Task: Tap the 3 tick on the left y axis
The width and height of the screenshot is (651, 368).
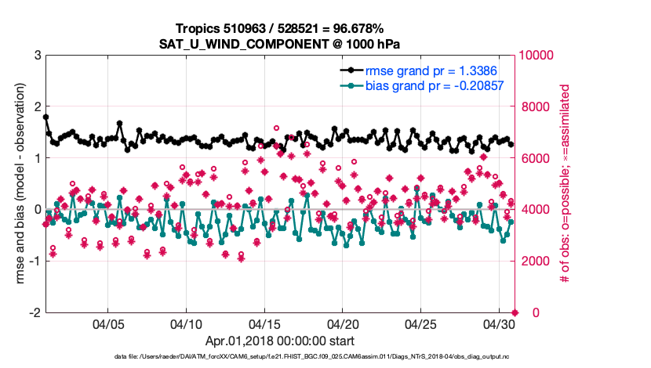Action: click(36, 56)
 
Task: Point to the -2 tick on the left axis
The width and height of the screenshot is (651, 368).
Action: click(34, 312)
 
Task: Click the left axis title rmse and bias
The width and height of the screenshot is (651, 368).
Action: click(15, 184)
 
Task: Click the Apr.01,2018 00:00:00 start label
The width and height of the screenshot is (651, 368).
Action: click(280, 341)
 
